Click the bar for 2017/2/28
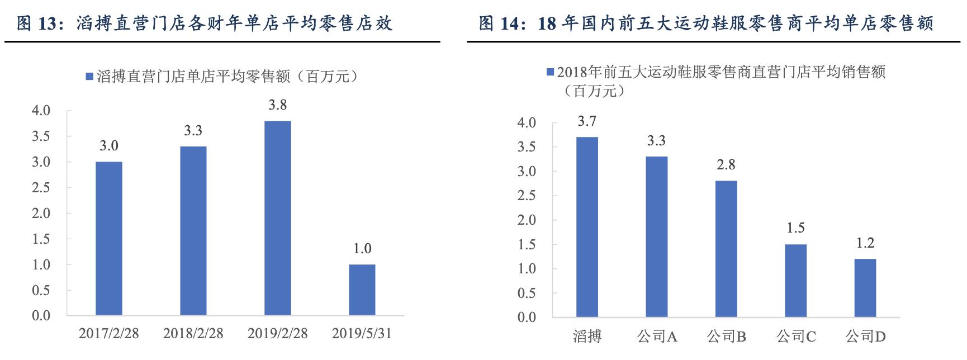109,239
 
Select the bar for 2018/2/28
193,231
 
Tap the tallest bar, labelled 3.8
278,218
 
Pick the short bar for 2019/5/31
362,290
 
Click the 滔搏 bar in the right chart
587,227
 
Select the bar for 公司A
657,237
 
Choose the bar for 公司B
726,249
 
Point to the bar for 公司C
795,281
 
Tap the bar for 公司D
865,288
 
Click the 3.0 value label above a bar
109,146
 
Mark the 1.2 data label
865,243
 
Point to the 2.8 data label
726,165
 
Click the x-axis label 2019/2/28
278,334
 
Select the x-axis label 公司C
796,337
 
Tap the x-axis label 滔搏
587,337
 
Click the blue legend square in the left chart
89,77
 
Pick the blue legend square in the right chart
550,72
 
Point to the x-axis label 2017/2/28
109,334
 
